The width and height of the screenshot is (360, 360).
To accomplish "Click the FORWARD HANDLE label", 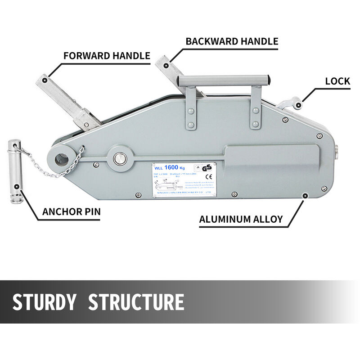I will pos(106,56).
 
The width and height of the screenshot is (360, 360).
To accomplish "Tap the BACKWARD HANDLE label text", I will pos(232,41).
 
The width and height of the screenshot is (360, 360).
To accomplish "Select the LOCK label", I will pos(337,81).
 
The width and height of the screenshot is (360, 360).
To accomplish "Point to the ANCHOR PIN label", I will pos(71,211).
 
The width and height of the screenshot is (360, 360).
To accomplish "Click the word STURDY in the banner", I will pos(44,302).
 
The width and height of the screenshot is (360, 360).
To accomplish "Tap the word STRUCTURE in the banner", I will pos(136,302).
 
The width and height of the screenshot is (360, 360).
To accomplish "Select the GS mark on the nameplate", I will pos(207,167).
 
